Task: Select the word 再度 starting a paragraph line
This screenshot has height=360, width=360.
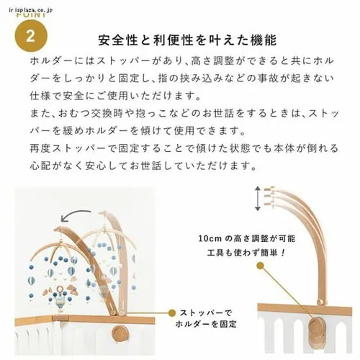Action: (40, 148)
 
